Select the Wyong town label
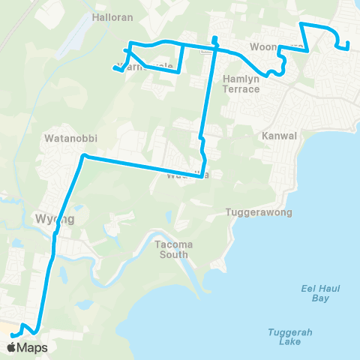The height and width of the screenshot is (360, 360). point(55,219)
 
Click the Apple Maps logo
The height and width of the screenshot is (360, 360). point(27,348)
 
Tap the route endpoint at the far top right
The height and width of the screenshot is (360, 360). point(348,49)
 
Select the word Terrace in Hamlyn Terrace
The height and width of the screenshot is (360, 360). point(241,89)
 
